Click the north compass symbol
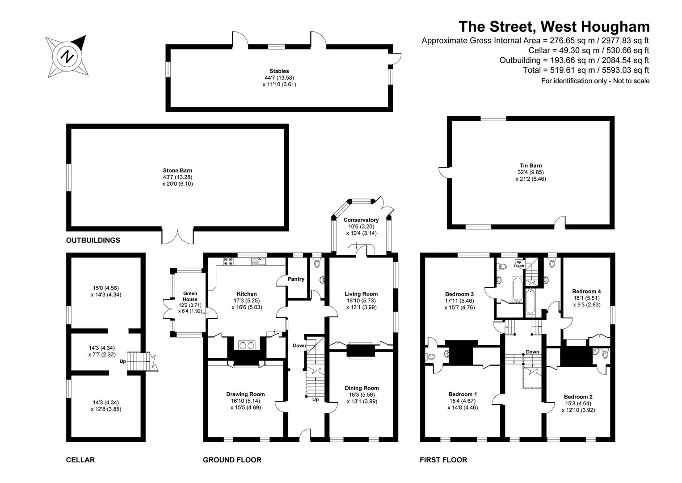point(67,56)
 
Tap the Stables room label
point(279,71)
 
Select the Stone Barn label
point(177,170)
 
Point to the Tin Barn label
point(530,165)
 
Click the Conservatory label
point(361,220)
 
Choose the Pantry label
point(296,279)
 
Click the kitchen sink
point(258,261)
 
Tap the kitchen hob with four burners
point(228,261)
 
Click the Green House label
point(190,296)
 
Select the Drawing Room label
point(245,394)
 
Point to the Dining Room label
point(362,388)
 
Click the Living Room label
point(361,294)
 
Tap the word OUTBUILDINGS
point(93,240)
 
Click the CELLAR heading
point(80,460)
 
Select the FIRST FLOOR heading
point(443,460)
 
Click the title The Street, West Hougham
point(554,26)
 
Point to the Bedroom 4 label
point(586,291)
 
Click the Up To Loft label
point(519,264)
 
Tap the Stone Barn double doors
point(177,236)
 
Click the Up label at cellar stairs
point(123,361)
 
